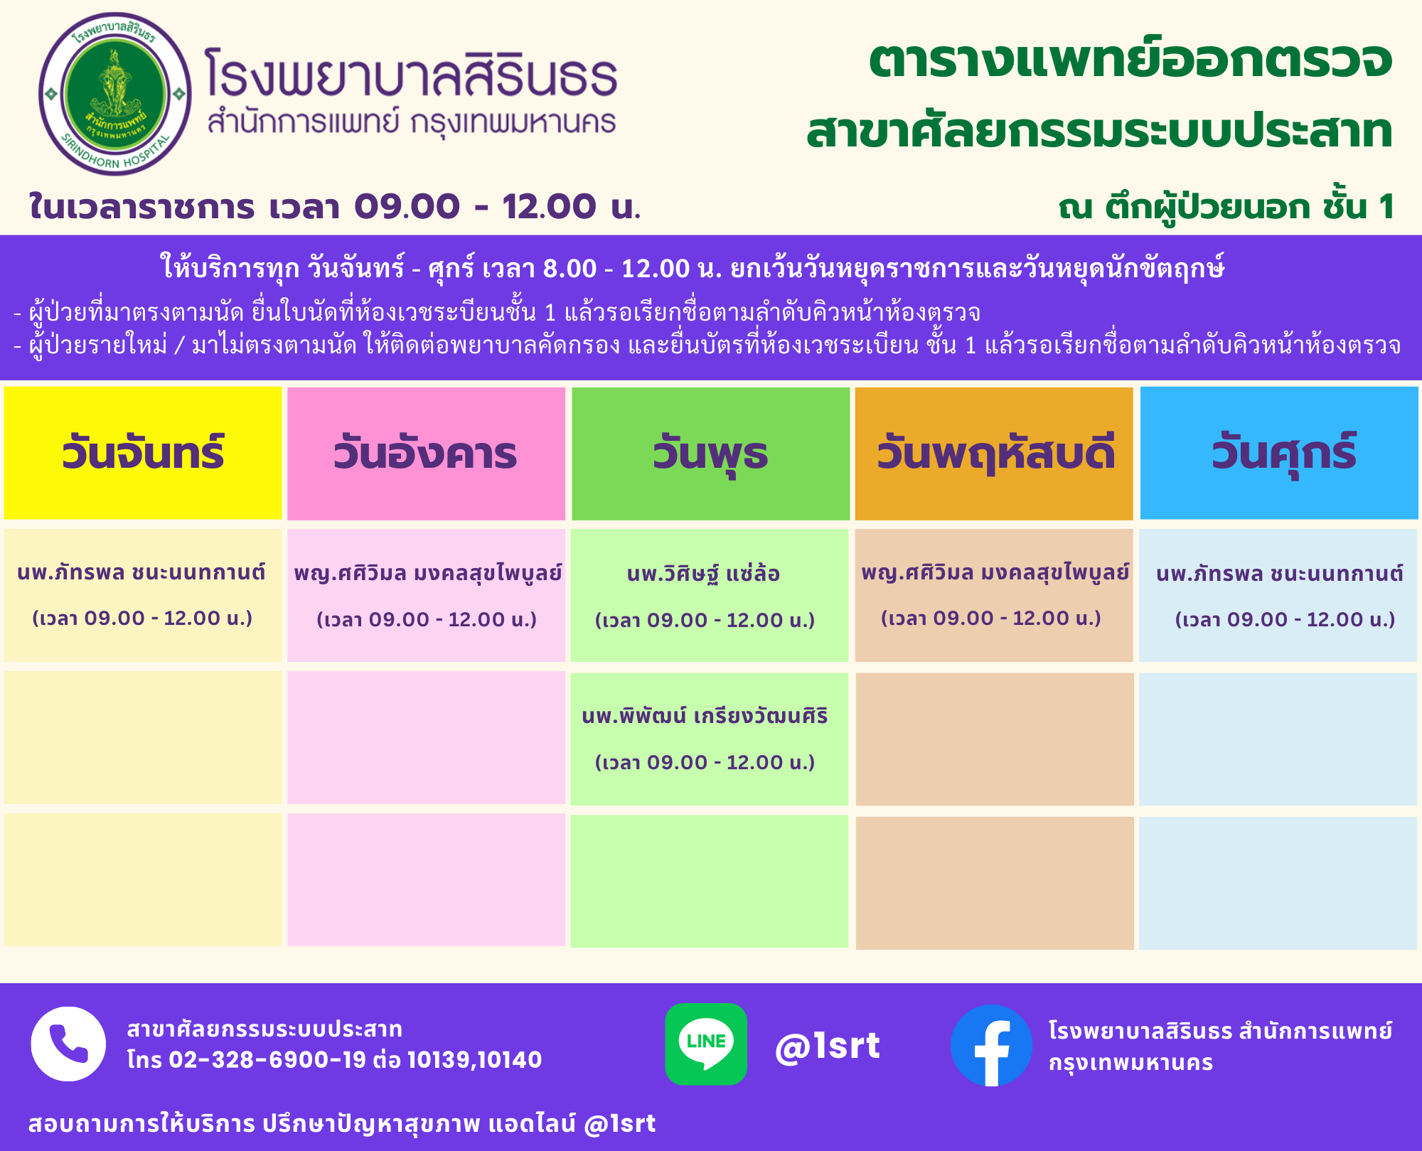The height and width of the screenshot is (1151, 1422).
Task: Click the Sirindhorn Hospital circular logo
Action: (115, 94)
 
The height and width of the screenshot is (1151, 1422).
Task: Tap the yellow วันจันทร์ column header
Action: (143, 453)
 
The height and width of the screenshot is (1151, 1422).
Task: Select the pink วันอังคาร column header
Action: (426, 454)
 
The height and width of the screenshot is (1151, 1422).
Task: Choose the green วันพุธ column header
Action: (710, 454)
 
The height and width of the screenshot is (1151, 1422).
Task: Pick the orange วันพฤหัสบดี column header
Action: (994, 454)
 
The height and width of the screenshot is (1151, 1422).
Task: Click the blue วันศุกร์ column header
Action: (1279, 453)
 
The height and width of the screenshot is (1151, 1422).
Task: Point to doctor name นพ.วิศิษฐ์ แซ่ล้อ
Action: (703, 574)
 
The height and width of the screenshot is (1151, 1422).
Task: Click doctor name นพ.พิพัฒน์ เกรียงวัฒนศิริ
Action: (705, 715)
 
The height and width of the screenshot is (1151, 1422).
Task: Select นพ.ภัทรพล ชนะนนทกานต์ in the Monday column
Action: (141, 572)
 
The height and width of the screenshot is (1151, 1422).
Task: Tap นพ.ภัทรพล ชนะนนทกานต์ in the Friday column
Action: (1280, 574)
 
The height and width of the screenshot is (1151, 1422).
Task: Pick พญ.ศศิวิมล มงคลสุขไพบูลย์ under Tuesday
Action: (428, 574)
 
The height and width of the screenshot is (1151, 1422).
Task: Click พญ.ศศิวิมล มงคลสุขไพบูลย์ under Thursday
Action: (995, 572)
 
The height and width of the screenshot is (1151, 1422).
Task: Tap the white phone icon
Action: (68, 1044)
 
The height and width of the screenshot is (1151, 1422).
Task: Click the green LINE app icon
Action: (706, 1044)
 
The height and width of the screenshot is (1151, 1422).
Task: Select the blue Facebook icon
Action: (991, 1045)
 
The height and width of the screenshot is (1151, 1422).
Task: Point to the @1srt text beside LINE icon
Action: (828, 1046)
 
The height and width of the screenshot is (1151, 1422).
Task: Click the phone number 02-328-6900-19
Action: (267, 1060)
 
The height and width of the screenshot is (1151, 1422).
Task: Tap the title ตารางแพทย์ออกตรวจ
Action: (1130, 60)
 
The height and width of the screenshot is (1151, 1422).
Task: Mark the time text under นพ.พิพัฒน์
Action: (705, 762)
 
